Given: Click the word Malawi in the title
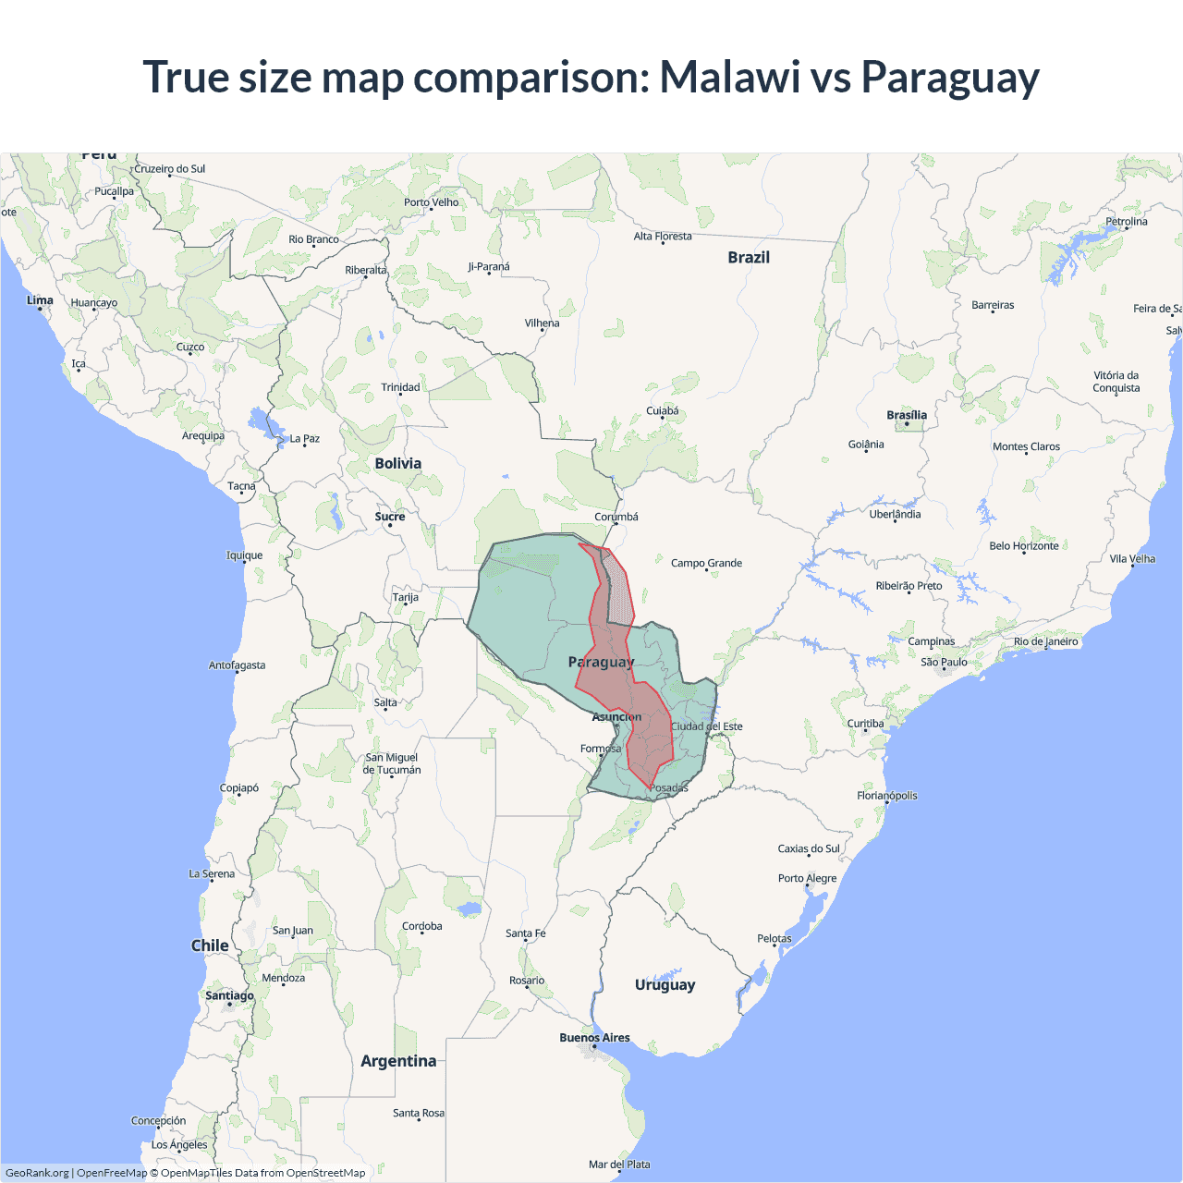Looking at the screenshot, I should tap(729, 77).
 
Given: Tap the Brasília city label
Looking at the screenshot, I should tap(907, 415).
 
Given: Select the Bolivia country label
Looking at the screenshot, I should tap(398, 463).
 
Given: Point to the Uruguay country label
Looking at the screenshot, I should tap(665, 984).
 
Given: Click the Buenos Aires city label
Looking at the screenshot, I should tap(594, 1038).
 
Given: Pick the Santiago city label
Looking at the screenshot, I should tap(229, 995).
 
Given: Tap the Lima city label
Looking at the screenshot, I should tap(40, 300).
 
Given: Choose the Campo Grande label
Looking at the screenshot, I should tap(706, 563).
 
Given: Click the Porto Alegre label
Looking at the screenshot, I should tap(807, 878).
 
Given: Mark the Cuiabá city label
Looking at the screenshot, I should tap(663, 411).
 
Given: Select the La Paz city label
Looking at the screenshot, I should tap(305, 439).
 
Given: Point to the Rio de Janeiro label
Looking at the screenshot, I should tap(1045, 641).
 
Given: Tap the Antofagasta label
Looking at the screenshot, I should tap(237, 665).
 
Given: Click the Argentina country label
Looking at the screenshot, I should tap(398, 1061).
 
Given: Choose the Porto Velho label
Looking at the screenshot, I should tap(431, 202).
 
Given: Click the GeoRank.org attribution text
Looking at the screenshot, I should tap(37, 1173).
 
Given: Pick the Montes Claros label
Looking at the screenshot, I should tap(1026, 446).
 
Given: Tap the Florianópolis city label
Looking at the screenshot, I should tap(887, 796).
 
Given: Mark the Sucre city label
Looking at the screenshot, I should tap(390, 517).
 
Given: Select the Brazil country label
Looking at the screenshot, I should tap(749, 258).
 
